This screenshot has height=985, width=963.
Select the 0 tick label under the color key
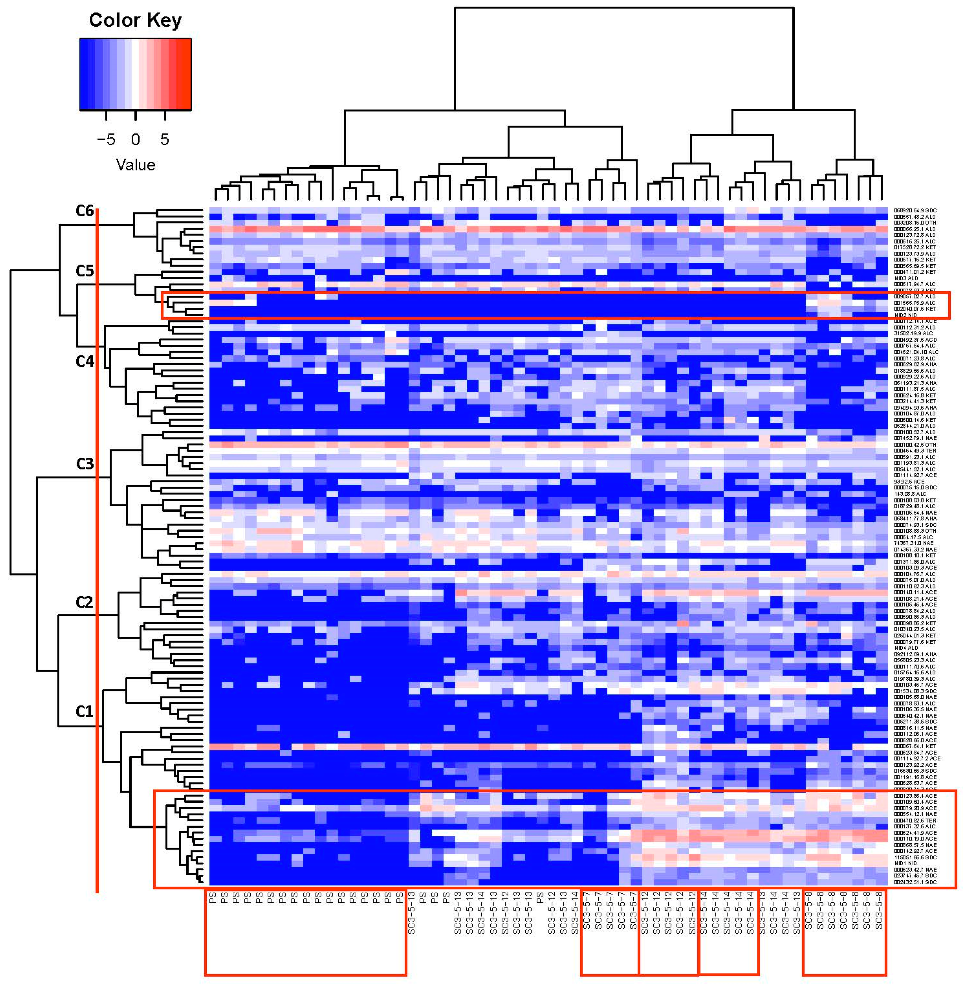(x=135, y=140)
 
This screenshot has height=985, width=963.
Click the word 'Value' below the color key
(x=135, y=165)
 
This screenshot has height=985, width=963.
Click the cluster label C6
(x=85, y=211)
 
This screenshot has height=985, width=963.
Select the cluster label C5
(x=85, y=271)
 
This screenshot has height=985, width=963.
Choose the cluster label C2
(x=85, y=602)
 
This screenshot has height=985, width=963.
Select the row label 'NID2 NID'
(x=905, y=315)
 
